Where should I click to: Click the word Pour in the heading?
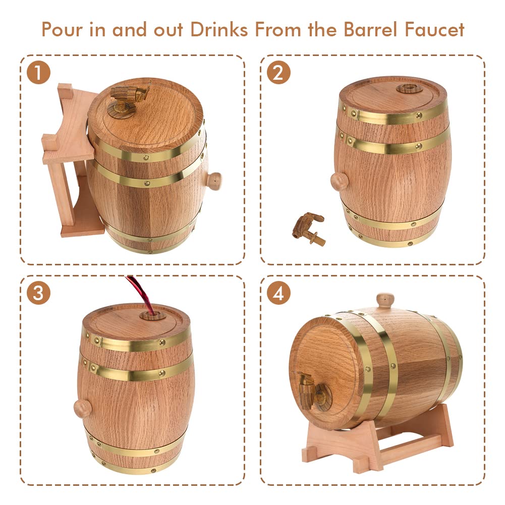point(62,30)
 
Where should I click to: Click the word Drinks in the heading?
point(219,30)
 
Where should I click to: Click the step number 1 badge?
point(39,73)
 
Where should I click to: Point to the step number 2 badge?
point(278,73)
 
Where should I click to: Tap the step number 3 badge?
point(39,293)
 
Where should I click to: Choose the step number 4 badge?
point(278,293)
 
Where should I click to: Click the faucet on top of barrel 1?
point(129,98)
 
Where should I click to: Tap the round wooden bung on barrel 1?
point(213,181)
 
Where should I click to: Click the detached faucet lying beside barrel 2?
point(309,228)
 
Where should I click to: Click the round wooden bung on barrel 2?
point(339,181)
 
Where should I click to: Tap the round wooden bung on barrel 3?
point(82,408)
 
